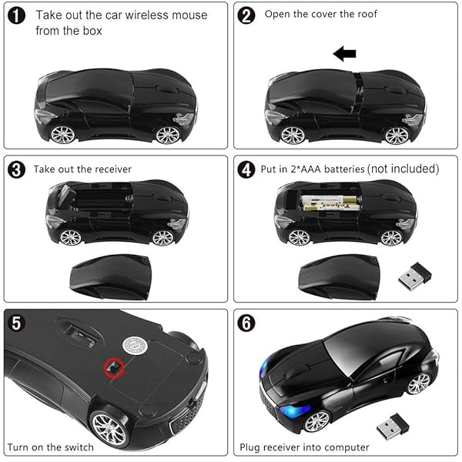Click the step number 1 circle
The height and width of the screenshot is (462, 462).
[x=15, y=14]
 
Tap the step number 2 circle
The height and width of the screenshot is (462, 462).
[x=246, y=15]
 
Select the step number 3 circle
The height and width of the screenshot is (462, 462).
[x=15, y=169]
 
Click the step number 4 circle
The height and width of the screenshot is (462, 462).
[x=246, y=169]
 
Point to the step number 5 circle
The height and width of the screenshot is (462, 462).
[x=15, y=323]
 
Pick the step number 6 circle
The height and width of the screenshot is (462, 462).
[x=248, y=323]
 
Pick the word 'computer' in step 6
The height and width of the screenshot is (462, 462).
[x=346, y=447]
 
